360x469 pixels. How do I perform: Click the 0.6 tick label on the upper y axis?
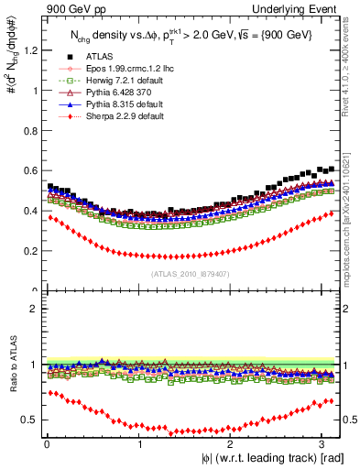tap(28, 170)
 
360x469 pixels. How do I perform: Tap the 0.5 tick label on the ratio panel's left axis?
tap(28, 420)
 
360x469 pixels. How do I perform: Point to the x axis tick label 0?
tap(48, 444)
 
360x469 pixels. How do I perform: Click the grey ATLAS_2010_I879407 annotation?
tap(191, 274)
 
